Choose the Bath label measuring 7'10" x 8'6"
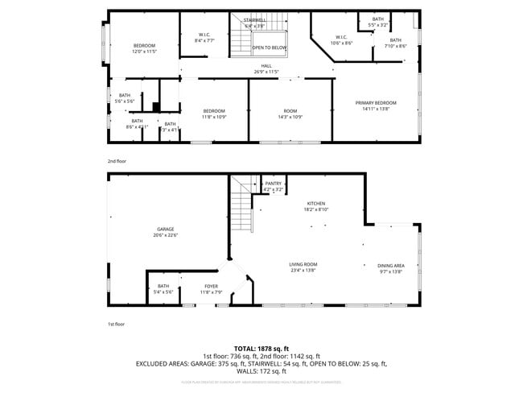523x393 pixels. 395,43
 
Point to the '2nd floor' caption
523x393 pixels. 117,161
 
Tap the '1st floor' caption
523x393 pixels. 117,324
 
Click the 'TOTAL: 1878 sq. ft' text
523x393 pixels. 261,348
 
